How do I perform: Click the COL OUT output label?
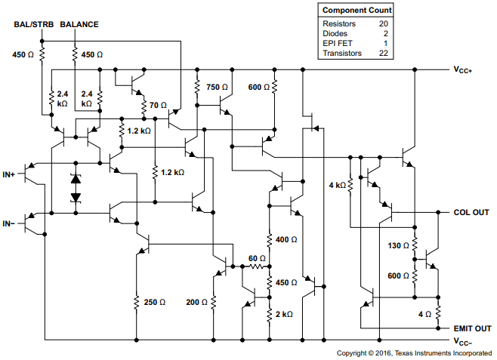pyautogui.click(x=471, y=212)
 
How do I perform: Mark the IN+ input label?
pyautogui.click(x=9, y=174)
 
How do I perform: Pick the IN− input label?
pyautogui.click(x=9, y=223)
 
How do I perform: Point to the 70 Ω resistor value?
pyautogui.click(x=159, y=105)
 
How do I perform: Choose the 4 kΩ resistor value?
pyautogui.click(x=337, y=185)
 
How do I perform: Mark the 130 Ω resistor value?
pyautogui.click(x=397, y=246)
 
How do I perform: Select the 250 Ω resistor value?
pyautogui.click(x=154, y=302)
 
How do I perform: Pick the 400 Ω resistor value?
pyautogui.click(x=287, y=239)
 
